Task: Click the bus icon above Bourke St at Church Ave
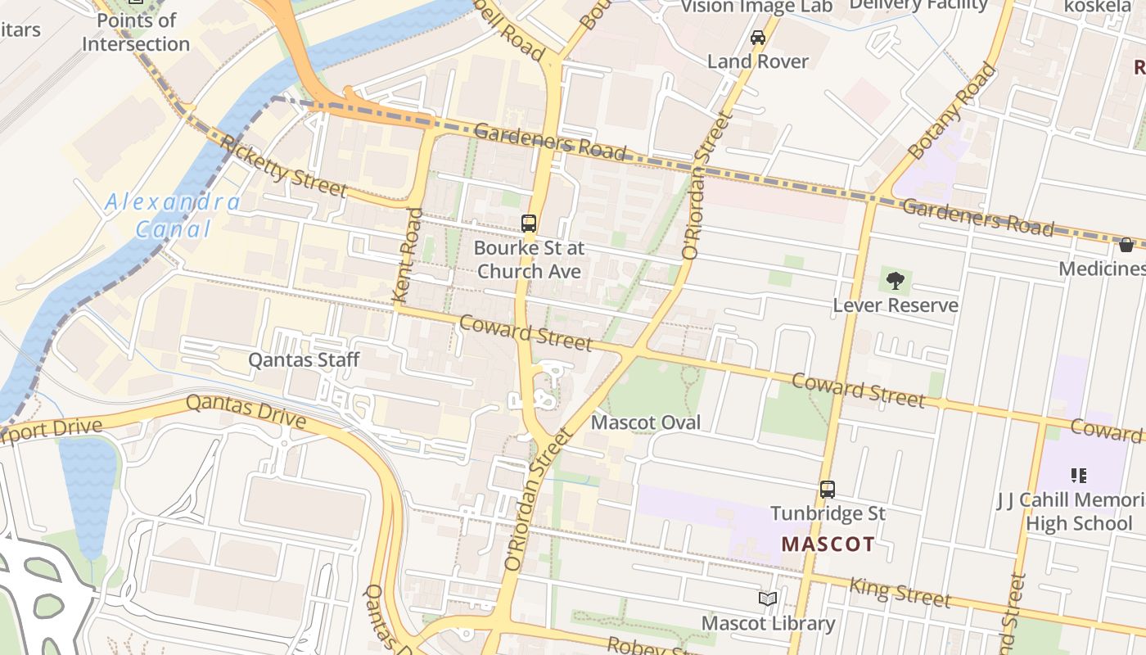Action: tap(529, 223)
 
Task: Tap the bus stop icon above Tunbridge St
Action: tap(828, 490)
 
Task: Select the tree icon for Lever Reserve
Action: tap(896, 281)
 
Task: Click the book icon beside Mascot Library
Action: tap(767, 599)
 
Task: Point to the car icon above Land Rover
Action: tap(758, 38)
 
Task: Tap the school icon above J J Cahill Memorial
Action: tap(1078, 475)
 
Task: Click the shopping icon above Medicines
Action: tap(1126, 245)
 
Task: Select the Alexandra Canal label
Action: tap(173, 215)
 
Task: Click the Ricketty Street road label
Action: tap(284, 167)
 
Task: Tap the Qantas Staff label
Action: tap(304, 359)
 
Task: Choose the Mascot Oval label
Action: tap(646, 422)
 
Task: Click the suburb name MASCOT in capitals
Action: tap(828, 544)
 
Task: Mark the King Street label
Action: tap(900, 592)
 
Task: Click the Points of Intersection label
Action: tap(136, 33)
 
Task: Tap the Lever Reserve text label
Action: tap(896, 305)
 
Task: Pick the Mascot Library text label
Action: tap(768, 623)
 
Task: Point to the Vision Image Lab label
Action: tap(756, 7)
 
